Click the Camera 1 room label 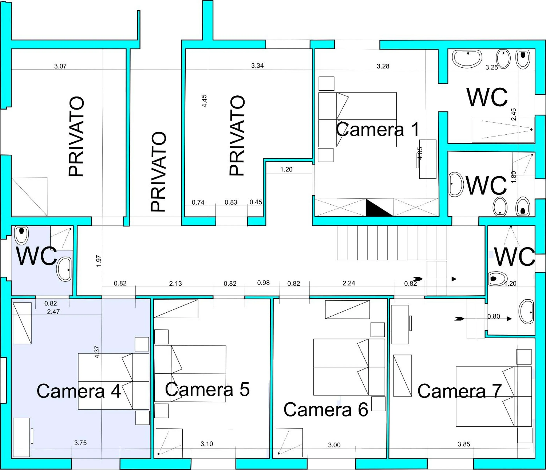[x=377, y=129]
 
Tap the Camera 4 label [x=78, y=391]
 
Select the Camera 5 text [x=207, y=389]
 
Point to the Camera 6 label [x=326, y=410]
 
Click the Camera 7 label [x=459, y=391]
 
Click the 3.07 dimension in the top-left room [x=60, y=66]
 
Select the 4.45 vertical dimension [x=204, y=101]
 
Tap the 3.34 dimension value [x=257, y=66]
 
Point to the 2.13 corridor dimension [x=175, y=283]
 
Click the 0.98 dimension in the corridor [x=263, y=283]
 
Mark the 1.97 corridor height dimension [x=99, y=261]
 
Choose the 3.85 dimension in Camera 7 [x=463, y=444]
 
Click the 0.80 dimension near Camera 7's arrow [x=494, y=316]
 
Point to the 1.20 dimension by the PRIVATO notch [x=286, y=169]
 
